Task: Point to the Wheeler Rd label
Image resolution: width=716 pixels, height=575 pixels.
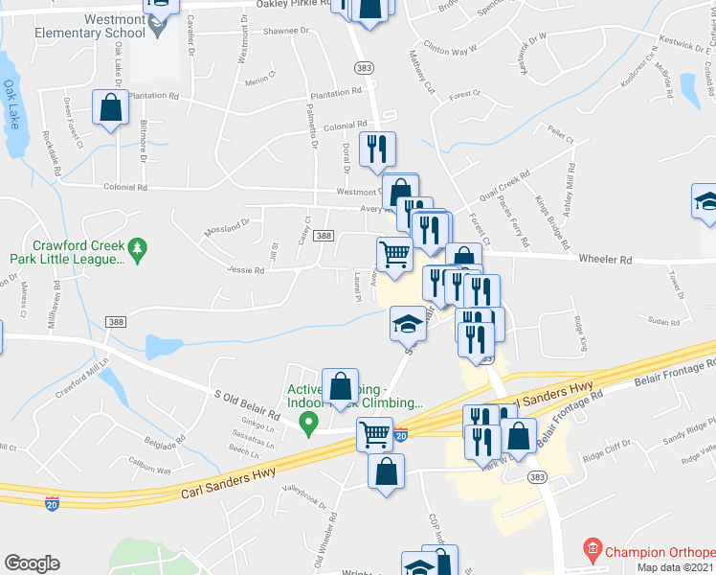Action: pos(605,259)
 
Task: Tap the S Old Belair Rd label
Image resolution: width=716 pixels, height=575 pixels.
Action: pos(246,403)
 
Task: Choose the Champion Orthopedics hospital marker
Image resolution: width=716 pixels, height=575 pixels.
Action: pos(593,552)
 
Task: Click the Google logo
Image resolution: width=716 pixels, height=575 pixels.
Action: pos(32,563)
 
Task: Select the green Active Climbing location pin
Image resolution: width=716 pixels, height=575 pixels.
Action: pos(307,425)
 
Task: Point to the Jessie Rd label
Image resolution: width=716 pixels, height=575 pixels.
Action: pos(246,270)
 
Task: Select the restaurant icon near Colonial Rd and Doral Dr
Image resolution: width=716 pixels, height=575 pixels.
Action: pos(377,149)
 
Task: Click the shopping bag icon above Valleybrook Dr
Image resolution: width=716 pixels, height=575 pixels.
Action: pos(386,471)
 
